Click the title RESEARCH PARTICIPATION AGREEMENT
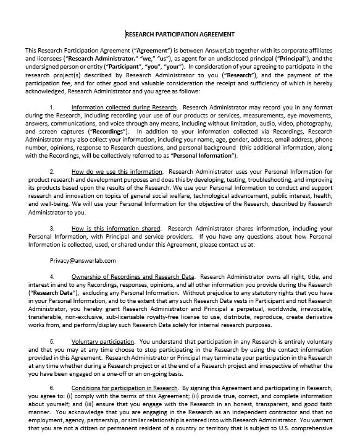pos(180,35)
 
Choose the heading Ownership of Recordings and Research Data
pos(133,276)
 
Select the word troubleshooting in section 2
pos(261,180)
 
